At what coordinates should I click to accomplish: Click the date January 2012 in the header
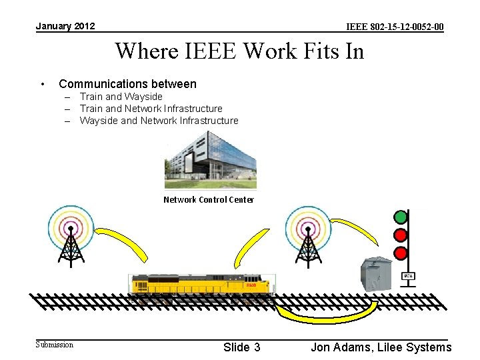(65, 26)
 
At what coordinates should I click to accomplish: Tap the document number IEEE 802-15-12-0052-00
(395, 27)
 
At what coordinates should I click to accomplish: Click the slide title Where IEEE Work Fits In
(239, 51)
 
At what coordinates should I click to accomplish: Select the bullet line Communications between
(127, 84)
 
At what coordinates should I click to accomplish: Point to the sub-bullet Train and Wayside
(121, 97)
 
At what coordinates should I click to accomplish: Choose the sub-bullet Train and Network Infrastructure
(151, 109)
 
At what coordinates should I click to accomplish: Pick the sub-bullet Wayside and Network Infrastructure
(159, 121)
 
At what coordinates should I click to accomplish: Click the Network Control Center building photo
(210, 161)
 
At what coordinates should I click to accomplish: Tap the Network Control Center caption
(209, 200)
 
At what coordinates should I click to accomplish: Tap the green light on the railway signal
(401, 217)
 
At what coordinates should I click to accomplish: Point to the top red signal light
(401, 235)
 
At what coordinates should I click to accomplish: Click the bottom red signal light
(401, 253)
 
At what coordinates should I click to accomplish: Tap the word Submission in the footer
(55, 345)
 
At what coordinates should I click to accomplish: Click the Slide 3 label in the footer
(241, 347)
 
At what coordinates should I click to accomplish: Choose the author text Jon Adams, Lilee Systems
(381, 347)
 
